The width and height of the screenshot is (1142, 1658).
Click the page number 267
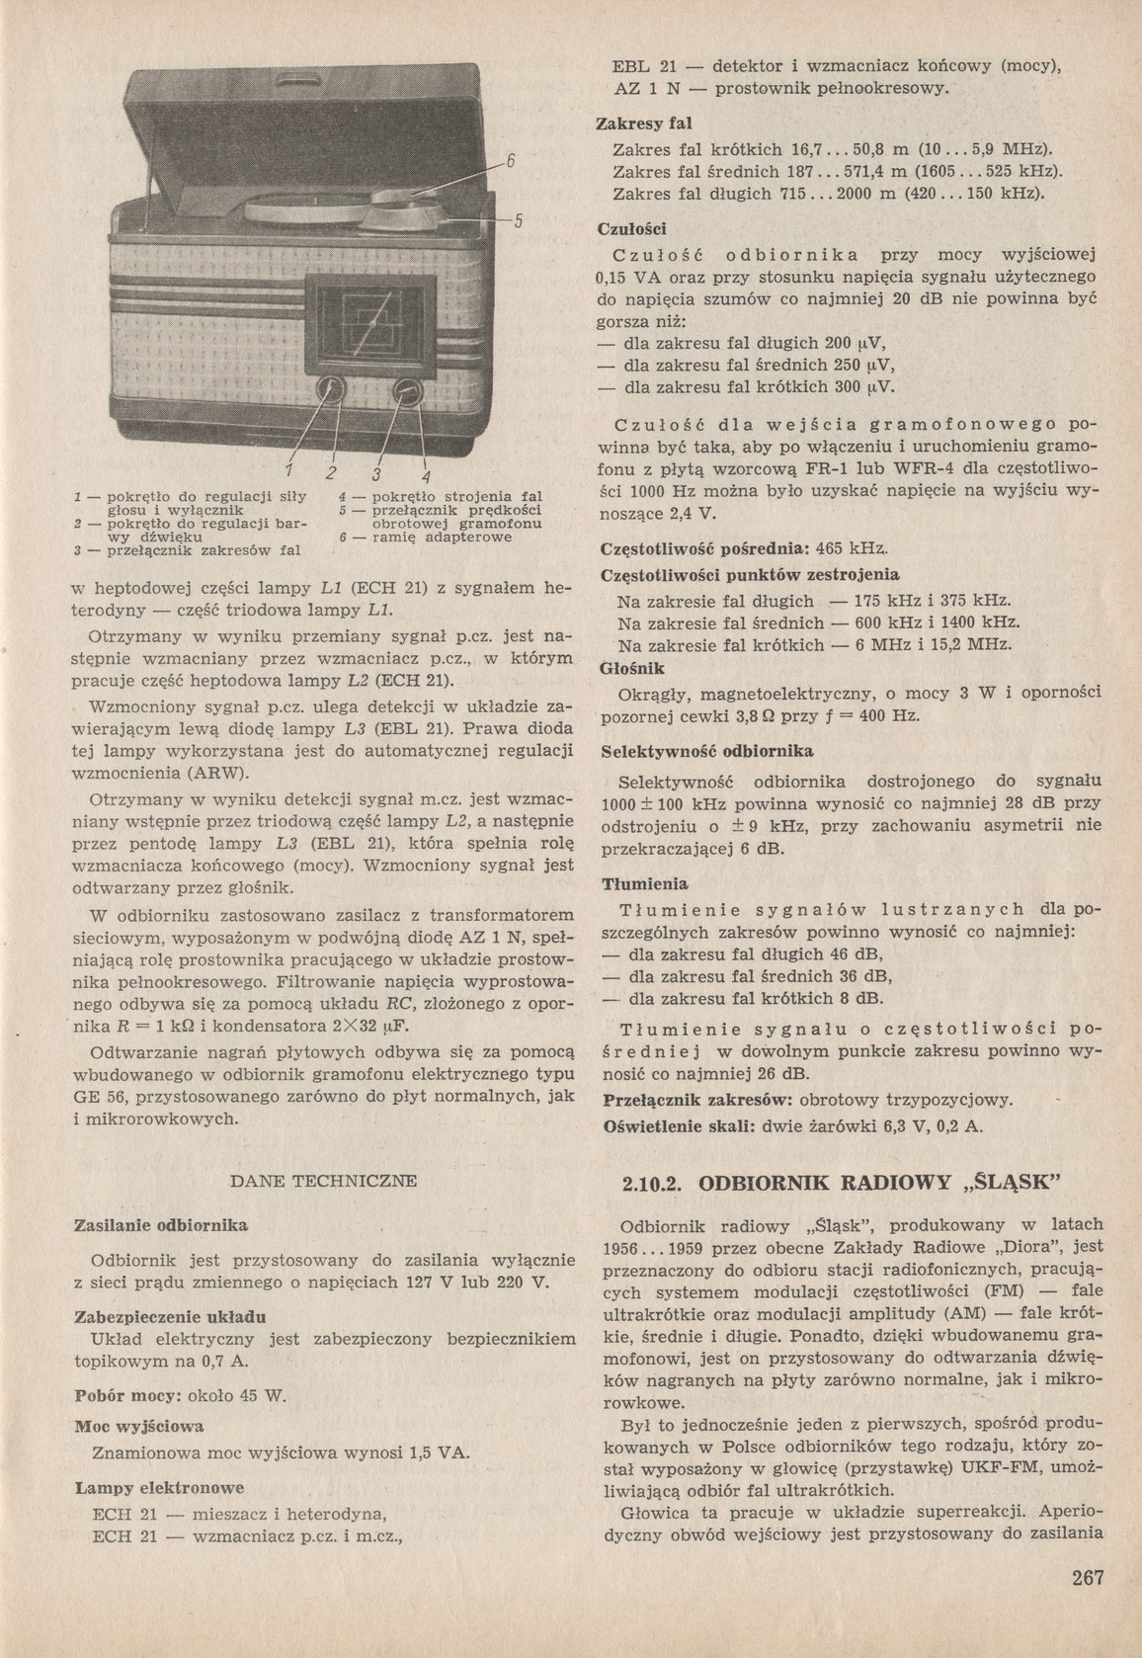click(x=1088, y=1578)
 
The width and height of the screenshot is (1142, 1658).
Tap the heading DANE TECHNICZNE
click(x=323, y=1180)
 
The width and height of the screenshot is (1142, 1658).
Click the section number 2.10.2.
click(x=653, y=1182)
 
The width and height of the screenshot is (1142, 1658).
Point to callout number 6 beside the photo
click(x=513, y=159)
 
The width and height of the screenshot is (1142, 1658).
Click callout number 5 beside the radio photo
click(x=516, y=220)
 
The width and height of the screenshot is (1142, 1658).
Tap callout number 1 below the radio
click(x=290, y=467)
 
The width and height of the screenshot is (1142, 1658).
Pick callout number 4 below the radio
click(x=426, y=467)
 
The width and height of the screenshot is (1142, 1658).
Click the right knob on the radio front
click(x=405, y=391)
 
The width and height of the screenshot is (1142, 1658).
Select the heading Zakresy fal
click(x=645, y=124)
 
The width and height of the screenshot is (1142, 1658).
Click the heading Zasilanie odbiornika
click(x=161, y=1225)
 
